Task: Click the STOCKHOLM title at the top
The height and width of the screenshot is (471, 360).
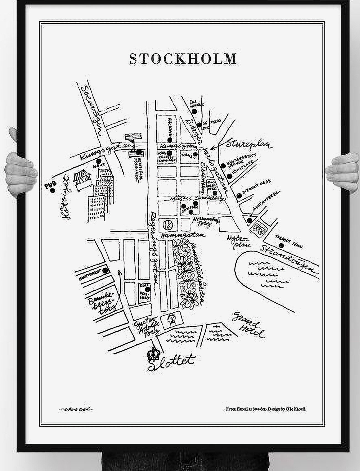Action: tap(183, 58)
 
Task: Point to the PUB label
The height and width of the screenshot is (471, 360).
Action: tap(52, 183)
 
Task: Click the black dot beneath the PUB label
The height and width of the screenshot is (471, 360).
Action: tap(52, 190)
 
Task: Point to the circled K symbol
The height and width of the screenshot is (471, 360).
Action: tap(167, 225)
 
